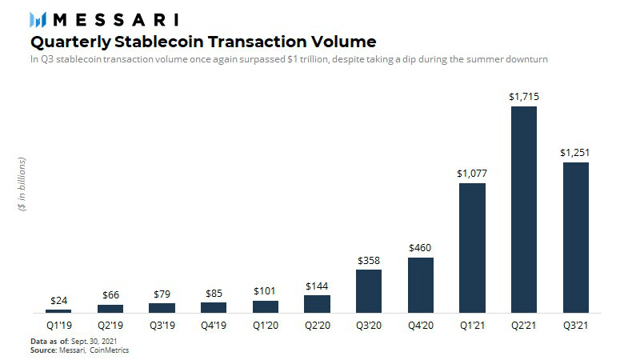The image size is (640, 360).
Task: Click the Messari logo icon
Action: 40,19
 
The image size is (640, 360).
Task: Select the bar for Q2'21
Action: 524,209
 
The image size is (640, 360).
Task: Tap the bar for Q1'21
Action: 472,247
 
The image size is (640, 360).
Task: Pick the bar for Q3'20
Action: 368,290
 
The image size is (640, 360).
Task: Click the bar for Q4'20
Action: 420,284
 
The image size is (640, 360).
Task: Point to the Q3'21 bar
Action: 576,237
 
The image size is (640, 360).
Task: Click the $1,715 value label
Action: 524,96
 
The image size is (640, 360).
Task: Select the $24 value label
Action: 58,300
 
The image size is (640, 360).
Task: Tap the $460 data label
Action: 420,248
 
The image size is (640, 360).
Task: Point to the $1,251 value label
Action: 576,152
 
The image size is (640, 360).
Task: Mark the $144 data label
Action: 317,286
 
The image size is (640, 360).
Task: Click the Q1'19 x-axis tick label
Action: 58,326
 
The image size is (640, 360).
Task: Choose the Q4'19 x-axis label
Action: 214,326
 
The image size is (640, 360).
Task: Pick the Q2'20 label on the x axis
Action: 317,326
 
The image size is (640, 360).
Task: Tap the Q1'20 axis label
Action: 265,326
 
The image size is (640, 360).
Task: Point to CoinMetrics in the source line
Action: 110,350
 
